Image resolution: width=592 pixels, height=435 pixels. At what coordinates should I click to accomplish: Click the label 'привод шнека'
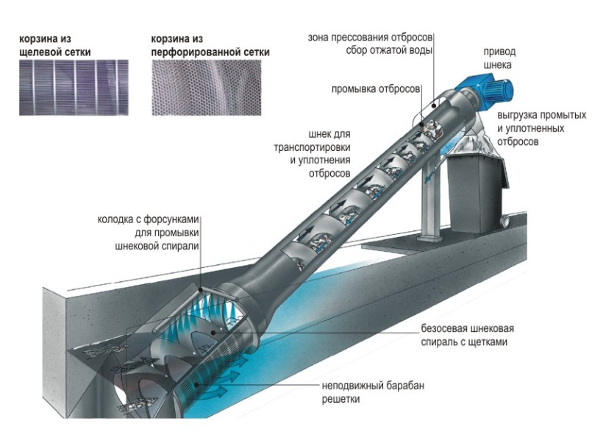[499, 59]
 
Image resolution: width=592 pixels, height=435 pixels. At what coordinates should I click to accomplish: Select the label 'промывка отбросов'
[375, 88]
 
